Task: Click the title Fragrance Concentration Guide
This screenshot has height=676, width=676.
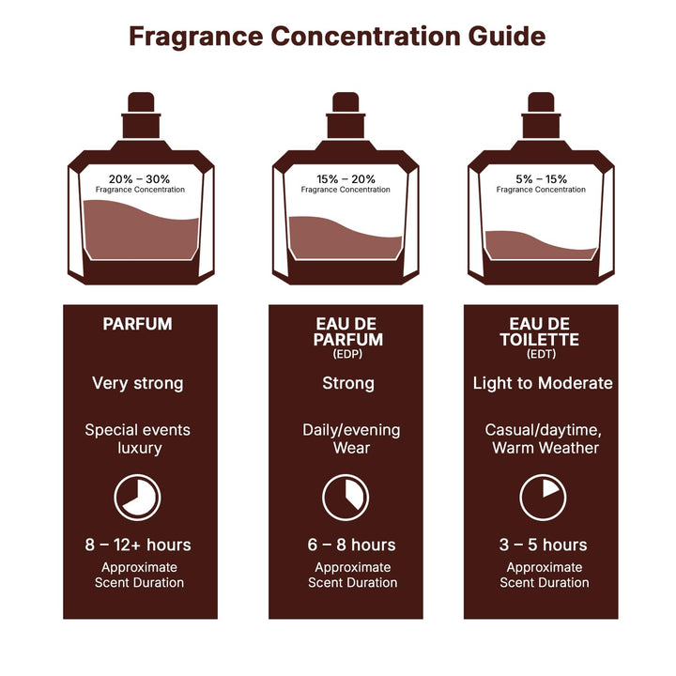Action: tap(337, 37)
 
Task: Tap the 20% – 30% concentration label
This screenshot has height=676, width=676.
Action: tap(140, 177)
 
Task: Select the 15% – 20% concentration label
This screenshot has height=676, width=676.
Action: tap(346, 177)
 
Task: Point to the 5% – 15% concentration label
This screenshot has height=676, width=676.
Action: tap(541, 177)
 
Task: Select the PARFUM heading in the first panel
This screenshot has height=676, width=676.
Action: tap(137, 324)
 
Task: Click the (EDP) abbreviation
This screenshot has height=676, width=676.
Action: tap(347, 355)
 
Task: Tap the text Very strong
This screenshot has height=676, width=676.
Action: tap(137, 383)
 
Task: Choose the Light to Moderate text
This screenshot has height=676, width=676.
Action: tap(542, 383)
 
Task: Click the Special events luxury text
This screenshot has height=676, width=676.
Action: tap(137, 439)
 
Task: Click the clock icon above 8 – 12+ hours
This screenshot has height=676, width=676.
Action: tap(137, 497)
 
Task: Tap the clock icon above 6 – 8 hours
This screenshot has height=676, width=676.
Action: tap(346, 497)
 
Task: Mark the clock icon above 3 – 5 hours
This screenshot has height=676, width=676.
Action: tap(543, 497)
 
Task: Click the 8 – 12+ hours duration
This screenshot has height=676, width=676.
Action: tap(137, 545)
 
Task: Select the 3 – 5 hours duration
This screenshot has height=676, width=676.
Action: tap(544, 545)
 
